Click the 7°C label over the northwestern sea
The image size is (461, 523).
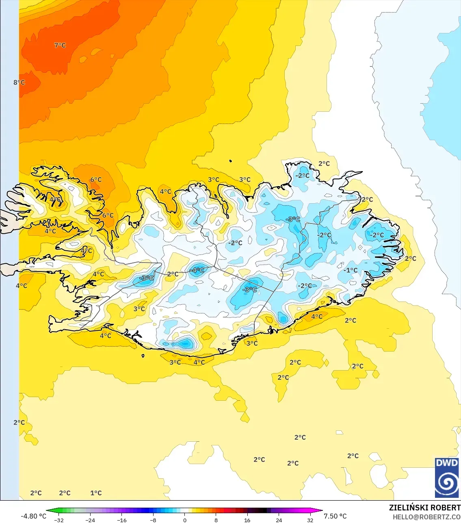click(x=60, y=45)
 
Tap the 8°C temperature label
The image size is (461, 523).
click(x=19, y=82)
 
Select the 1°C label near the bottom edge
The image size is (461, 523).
click(x=96, y=493)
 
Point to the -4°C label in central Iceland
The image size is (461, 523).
click(x=197, y=270)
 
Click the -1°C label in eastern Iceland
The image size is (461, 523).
click(x=351, y=270)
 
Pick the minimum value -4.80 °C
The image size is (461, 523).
click(x=34, y=516)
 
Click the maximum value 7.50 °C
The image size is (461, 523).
click(x=335, y=516)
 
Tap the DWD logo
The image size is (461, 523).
click(x=447, y=477)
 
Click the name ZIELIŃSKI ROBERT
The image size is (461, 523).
click(x=424, y=508)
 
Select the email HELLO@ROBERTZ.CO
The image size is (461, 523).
click(x=426, y=517)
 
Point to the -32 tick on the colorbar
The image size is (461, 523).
click(x=59, y=520)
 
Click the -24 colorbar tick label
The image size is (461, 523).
click(x=90, y=520)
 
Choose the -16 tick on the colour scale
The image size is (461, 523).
click(x=122, y=520)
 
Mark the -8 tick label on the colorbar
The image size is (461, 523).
click(x=153, y=520)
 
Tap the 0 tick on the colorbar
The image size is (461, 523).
click(x=185, y=520)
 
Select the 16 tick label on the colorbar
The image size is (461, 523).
click(x=247, y=520)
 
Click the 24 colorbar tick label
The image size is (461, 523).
click(x=279, y=520)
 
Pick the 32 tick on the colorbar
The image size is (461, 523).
click(x=310, y=520)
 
